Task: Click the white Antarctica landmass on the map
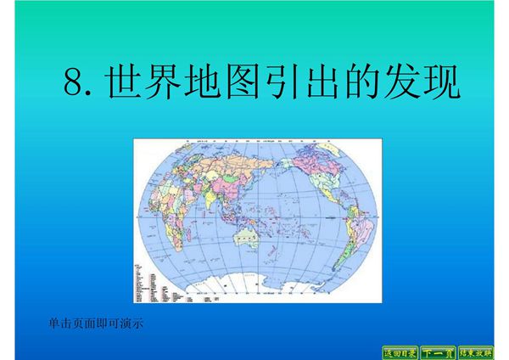tap(255, 289)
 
